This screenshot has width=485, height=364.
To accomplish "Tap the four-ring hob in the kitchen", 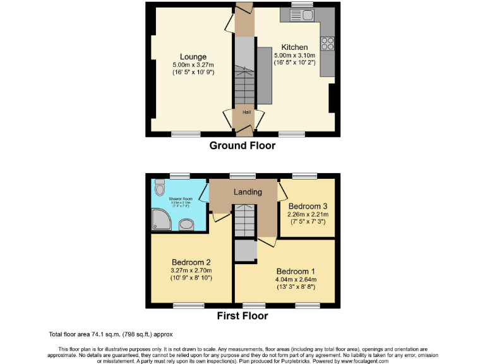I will pos(328,44).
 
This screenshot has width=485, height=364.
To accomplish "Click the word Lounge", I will pos(193,56).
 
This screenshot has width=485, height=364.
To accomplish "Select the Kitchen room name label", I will pos(294,47).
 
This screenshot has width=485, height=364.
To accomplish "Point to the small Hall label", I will pos(242,112).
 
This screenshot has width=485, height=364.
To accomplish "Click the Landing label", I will pos(244,192).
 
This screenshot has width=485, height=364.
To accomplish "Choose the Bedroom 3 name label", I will pos(308,206).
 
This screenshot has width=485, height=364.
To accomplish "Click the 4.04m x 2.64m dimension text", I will pos(296,279).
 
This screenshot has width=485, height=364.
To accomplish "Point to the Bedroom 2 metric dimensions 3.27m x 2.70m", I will pos(191,270).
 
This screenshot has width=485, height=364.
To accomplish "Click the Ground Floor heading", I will pos(242,145).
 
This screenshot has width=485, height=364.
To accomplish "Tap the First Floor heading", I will pos(242,316).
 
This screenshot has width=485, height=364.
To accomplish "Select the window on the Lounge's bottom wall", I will pos(186,134).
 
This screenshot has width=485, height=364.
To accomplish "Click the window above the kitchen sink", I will pos(302,4).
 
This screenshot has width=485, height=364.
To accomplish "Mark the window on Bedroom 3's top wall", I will pos(304,176).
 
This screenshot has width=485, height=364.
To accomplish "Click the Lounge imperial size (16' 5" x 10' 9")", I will pos(193,72).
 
